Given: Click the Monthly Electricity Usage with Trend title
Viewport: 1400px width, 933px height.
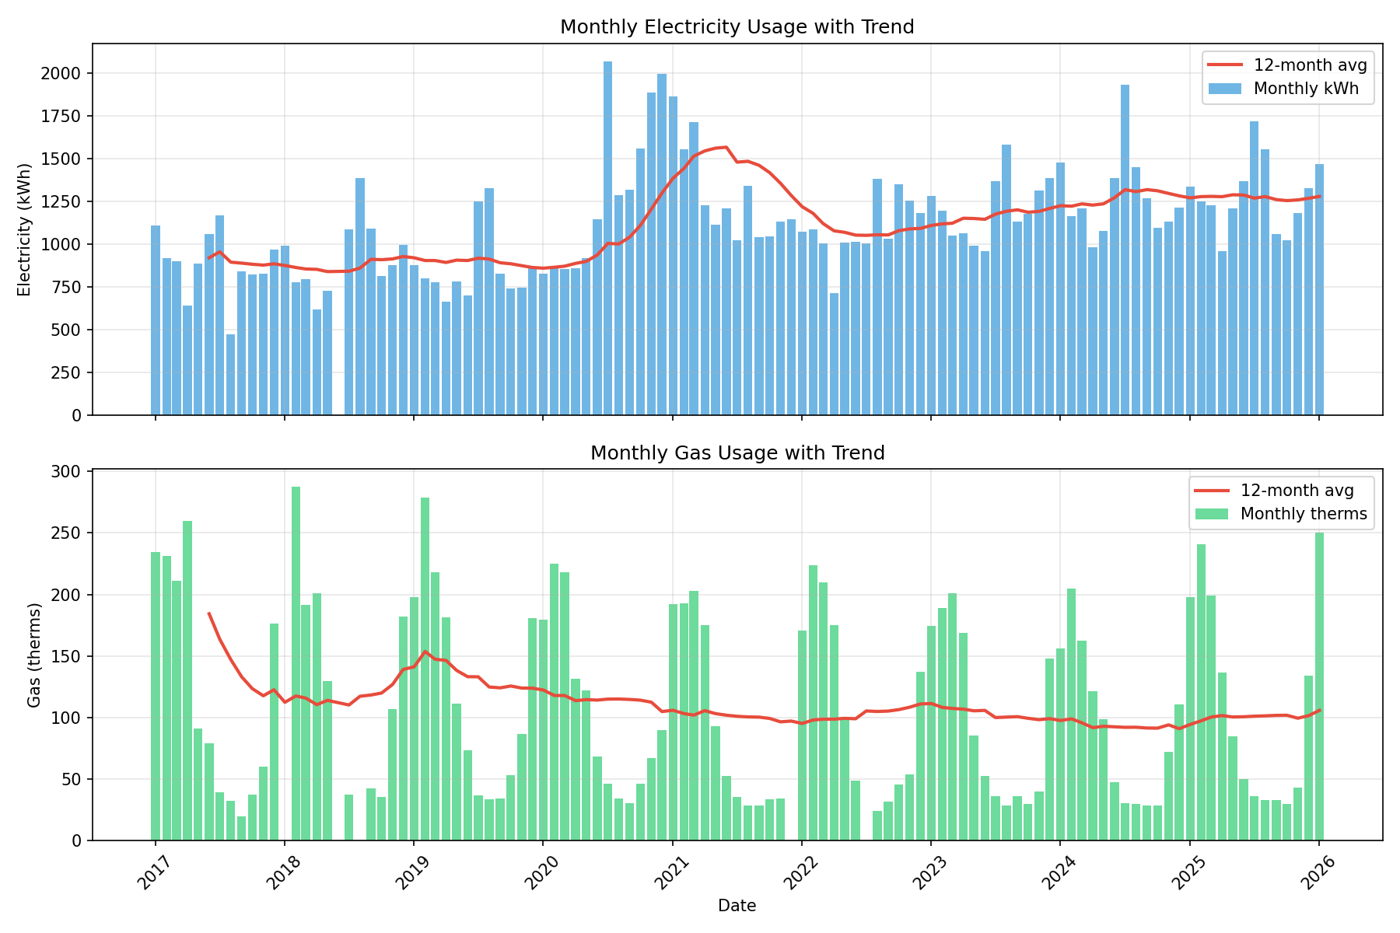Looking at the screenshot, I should (x=737, y=27).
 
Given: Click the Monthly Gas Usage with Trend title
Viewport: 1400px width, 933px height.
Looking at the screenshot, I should (x=737, y=453).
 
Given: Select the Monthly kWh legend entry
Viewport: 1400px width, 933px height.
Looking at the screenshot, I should (x=1306, y=89).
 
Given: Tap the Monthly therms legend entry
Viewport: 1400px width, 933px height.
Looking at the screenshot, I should (x=1304, y=514).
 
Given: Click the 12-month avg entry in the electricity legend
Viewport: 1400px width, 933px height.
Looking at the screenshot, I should (x=1311, y=65).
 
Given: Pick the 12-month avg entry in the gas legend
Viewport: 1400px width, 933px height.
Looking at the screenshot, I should (x=1297, y=491).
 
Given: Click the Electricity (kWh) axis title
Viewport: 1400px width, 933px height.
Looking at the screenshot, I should (x=24, y=229).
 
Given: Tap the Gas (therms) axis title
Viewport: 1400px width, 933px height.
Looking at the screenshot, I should (x=33, y=655).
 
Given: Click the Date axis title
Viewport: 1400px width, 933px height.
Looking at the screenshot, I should (x=737, y=906).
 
